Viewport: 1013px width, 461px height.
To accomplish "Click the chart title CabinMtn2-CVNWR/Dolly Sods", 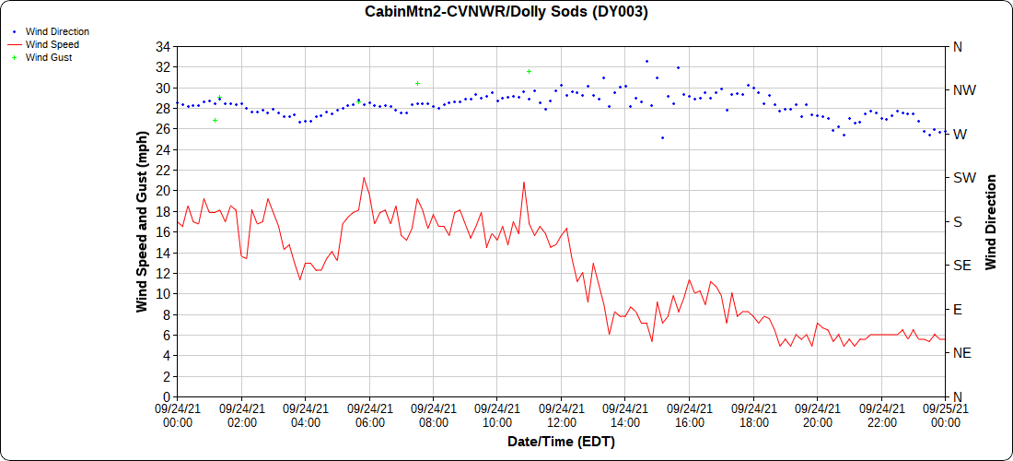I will pyautogui.click(x=506, y=12).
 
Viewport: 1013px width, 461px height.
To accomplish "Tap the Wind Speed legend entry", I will pyautogui.click(x=52, y=44).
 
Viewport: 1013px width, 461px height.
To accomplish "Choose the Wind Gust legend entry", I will pyautogui.click(x=49, y=57).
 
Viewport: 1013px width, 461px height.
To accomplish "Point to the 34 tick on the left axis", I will pyautogui.click(x=162, y=47).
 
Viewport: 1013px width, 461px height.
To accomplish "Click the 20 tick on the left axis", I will pyautogui.click(x=162, y=191).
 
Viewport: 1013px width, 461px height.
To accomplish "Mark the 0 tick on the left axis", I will pyautogui.click(x=166, y=396).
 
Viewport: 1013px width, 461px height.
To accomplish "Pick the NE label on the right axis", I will pyautogui.click(x=961, y=353).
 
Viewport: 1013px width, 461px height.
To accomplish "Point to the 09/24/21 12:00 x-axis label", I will pyautogui.click(x=561, y=415).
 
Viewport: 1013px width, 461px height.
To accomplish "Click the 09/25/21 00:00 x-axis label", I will pyautogui.click(x=944, y=415).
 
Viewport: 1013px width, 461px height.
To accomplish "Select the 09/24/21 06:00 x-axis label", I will pyautogui.click(x=369, y=415).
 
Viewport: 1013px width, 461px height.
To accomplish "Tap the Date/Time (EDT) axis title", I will pyautogui.click(x=561, y=442).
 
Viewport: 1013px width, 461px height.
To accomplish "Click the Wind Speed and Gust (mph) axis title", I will pyautogui.click(x=142, y=222).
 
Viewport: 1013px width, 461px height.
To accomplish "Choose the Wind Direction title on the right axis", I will pyautogui.click(x=991, y=222).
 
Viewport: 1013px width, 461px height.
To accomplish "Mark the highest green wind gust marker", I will pyautogui.click(x=530, y=71).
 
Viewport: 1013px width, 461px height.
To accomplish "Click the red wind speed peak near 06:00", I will pyautogui.click(x=364, y=178).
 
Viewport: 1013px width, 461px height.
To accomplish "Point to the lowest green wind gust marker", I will pyautogui.click(x=215, y=120).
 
